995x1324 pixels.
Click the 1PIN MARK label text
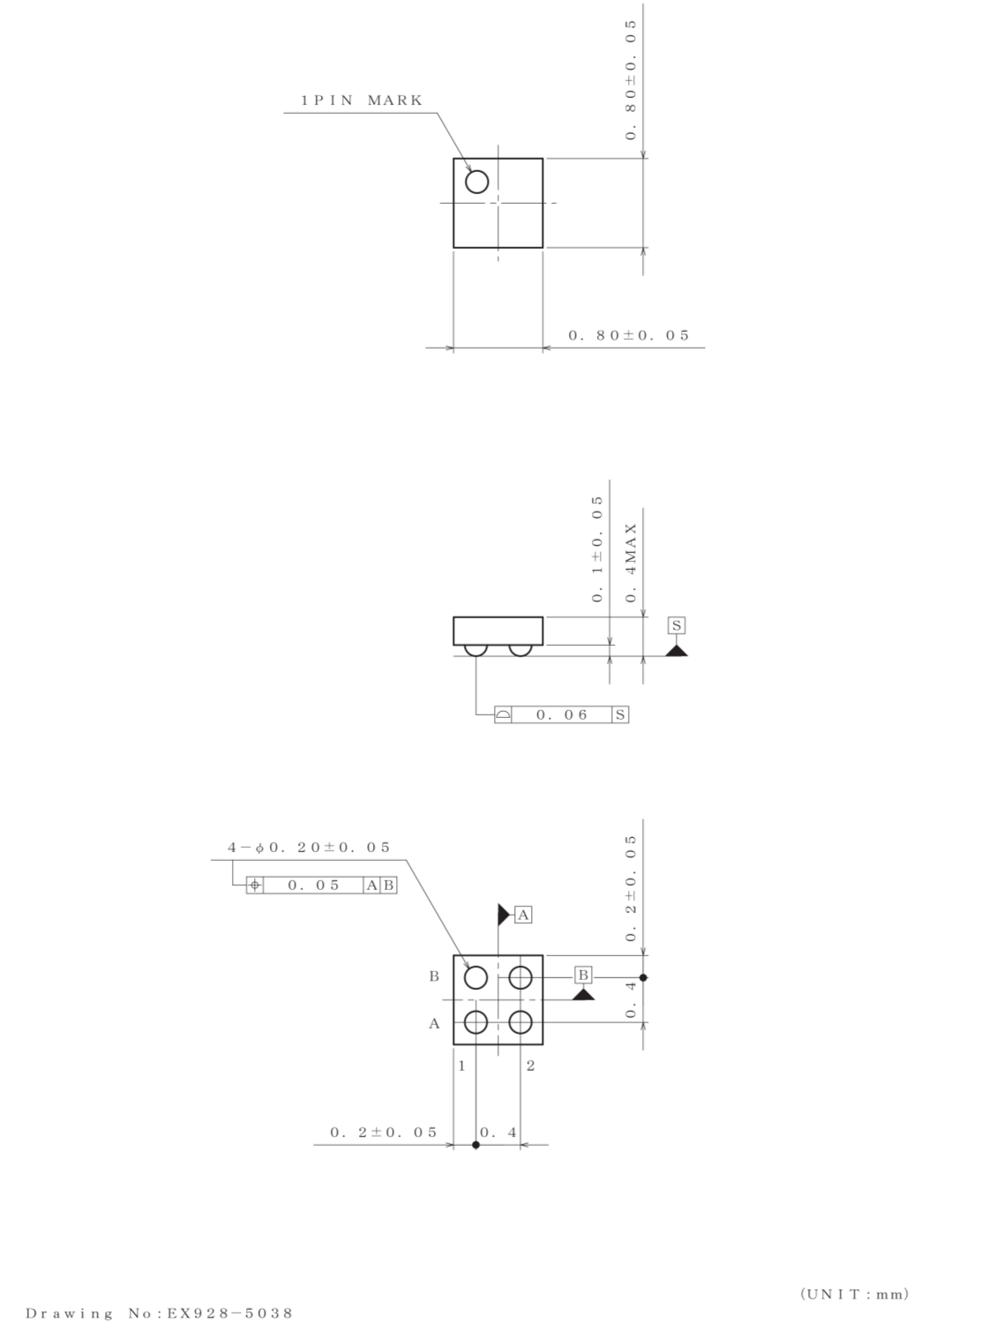click(x=362, y=101)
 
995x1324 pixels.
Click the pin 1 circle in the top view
click(x=476, y=182)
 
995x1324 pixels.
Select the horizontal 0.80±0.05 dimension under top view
click(x=629, y=336)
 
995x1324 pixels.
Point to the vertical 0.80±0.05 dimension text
click(x=631, y=79)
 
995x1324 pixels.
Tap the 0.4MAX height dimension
click(x=631, y=563)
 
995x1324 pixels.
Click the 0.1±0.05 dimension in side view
click(x=598, y=549)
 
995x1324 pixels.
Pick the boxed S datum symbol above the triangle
click(x=677, y=626)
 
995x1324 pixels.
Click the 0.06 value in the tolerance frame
click(x=562, y=715)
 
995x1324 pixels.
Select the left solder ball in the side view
click(x=476, y=649)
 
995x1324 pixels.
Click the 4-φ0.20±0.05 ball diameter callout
click(x=309, y=848)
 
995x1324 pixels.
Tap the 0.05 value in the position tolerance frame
click(x=313, y=885)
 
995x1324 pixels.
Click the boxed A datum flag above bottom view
click(x=523, y=915)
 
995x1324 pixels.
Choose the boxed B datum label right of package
click(x=583, y=975)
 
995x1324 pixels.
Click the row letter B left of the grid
click(x=434, y=976)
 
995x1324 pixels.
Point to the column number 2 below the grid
click(x=530, y=1066)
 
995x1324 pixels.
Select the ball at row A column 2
click(x=520, y=1022)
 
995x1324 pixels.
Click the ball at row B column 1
click(x=475, y=977)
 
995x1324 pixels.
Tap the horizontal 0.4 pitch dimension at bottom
click(x=498, y=1133)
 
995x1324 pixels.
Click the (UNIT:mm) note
click(x=854, y=1294)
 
